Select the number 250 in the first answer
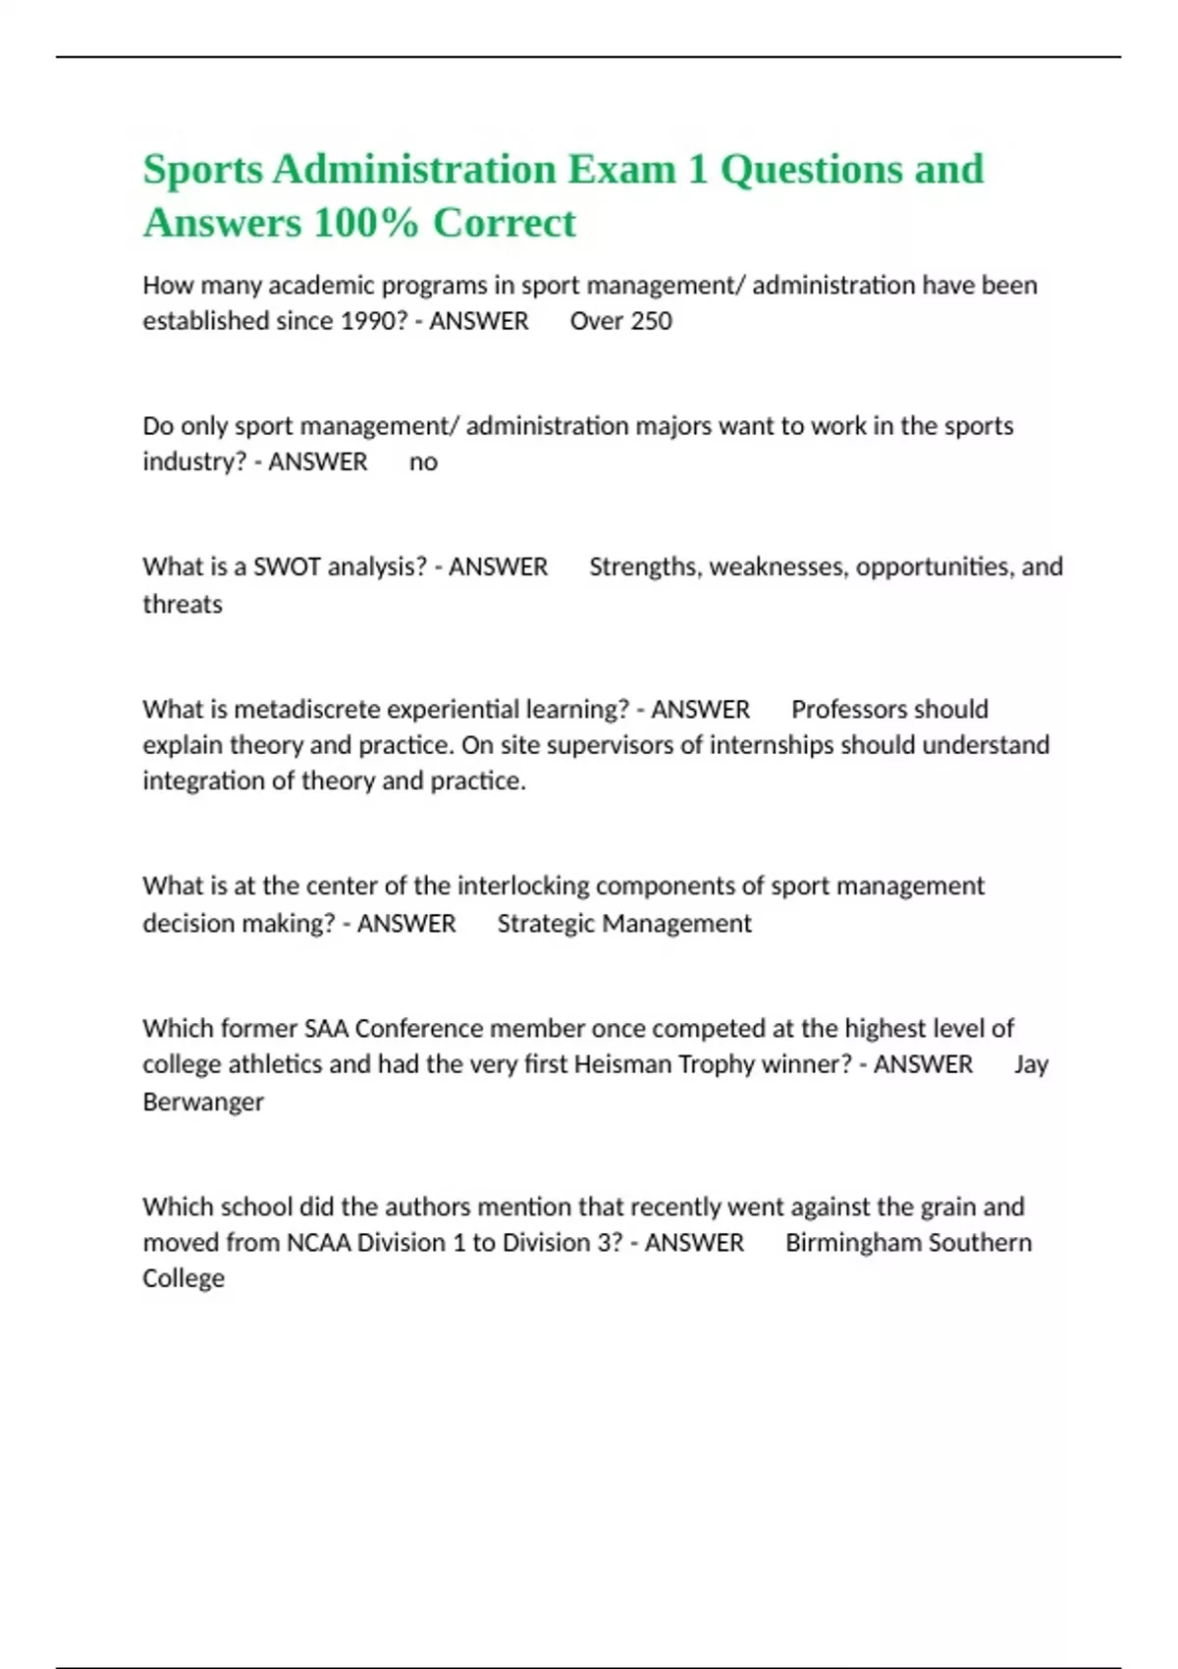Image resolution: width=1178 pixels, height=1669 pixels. pyautogui.click(x=649, y=321)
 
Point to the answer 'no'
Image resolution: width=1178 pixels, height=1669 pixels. pyautogui.click(x=423, y=462)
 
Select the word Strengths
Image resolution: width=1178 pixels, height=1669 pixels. pyautogui.click(x=642, y=567)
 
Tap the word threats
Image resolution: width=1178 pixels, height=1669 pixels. pyautogui.click(x=183, y=604)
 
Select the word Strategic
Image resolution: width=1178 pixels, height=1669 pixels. pyautogui.click(x=546, y=924)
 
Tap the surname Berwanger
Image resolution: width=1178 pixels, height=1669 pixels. pyautogui.click(x=203, y=1102)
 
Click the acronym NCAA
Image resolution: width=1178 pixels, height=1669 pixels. pyautogui.click(x=318, y=1243)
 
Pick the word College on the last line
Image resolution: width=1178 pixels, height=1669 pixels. pyautogui.click(x=184, y=1278)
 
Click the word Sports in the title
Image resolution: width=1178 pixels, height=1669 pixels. pyautogui.click(x=203, y=169)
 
